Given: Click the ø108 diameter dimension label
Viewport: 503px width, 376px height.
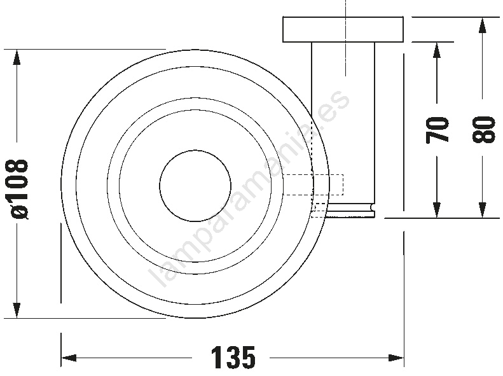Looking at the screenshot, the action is pyautogui.click(x=19, y=189).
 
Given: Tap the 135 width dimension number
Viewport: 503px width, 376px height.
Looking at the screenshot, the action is pyautogui.click(x=233, y=358).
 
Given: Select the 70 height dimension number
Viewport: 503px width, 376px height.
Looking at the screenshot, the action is pyautogui.click(x=437, y=130).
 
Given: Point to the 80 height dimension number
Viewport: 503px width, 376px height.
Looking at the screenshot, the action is pyautogui.click(x=483, y=129).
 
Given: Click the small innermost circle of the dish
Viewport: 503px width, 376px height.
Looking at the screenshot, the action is pyautogui.click(x=195, y=150).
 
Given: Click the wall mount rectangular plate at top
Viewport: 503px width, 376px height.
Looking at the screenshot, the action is pyautogui.click(x=343, y=29).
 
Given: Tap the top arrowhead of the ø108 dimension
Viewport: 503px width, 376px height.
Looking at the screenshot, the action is pyautogui.click(x=17, y=57).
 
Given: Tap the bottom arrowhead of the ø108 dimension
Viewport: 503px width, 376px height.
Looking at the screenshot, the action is pyautogui.click(x=17, y=310).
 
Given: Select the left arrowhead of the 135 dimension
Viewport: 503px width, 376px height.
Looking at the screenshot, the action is pyautogui.click(x=69, y=358).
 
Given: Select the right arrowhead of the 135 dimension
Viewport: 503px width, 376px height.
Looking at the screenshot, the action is pyautogui.click(x=396, y=358).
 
